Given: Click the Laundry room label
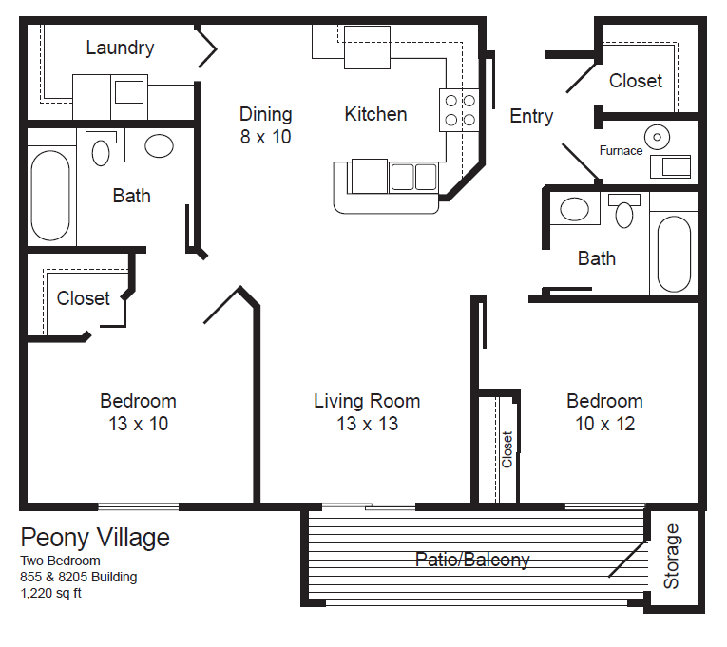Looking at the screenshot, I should [x=120, y=48].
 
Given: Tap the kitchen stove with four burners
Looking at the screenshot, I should [x=458, y=109].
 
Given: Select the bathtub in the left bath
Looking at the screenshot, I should [x=49, y=198].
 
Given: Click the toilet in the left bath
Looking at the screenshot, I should [x=101, y=148].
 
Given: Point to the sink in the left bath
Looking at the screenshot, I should [x=158, y=145].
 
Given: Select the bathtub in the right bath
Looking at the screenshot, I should [x=675, y=254].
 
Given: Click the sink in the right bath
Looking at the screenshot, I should [x=574, y=209].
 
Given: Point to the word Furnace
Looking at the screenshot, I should [x=621, y=150].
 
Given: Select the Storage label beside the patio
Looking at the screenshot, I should [x=672, y=556].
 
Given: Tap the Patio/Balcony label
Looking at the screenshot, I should [x=472, y=560].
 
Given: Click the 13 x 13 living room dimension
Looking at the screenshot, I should [x=367, y=424].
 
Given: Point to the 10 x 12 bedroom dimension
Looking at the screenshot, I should [x=604, y=424].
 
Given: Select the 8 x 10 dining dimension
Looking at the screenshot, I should [x=265, y=137].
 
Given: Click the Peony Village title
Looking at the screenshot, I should [x=95, y=538].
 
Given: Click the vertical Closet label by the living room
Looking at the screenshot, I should [x=507, y=449].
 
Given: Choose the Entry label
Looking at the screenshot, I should [x=531, y=116].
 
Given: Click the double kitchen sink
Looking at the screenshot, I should [x=412, y=177].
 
